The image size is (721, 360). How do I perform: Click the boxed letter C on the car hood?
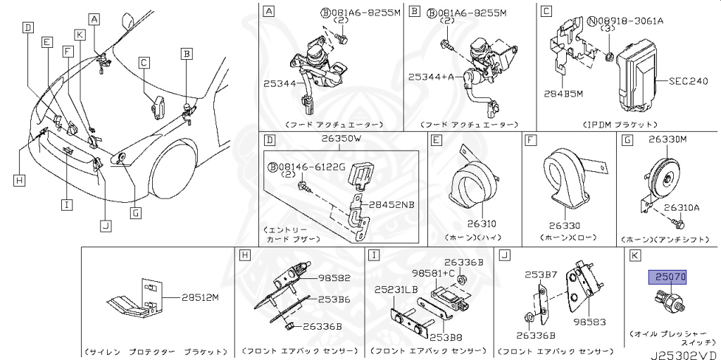point(143,63)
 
